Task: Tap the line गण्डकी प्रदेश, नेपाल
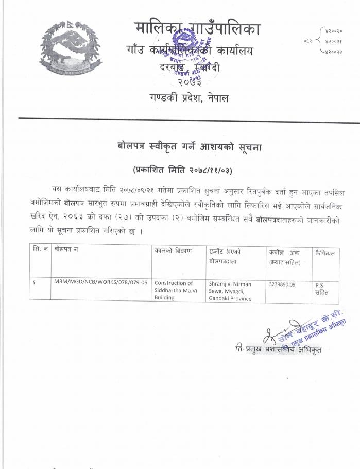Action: (x=190, y=98)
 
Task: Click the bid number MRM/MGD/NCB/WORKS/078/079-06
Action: (x=100, y=283)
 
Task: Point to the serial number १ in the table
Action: (x=33, y=283)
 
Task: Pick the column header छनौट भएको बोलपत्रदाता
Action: (x=226, y=256)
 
